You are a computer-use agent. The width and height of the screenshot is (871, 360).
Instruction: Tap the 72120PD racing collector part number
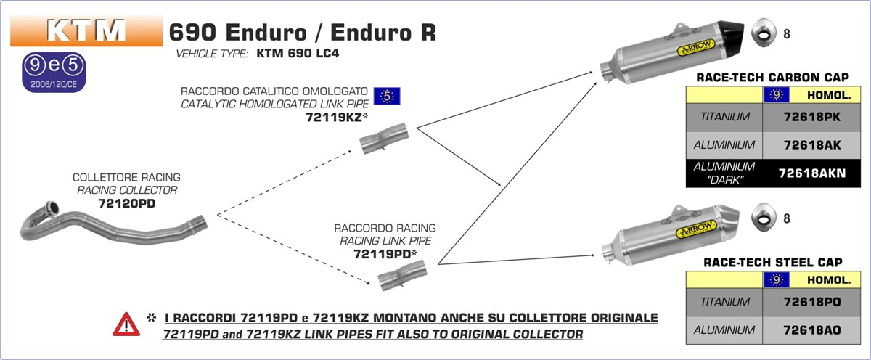click(126, 204)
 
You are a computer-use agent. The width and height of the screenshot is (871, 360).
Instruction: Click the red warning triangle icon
click(126, 324)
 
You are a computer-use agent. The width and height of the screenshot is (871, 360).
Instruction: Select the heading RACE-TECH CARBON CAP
click(772, 77)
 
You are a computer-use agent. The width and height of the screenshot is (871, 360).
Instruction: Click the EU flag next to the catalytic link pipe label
click(387, 96)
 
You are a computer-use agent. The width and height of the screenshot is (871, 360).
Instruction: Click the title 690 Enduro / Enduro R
click(302, 33)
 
